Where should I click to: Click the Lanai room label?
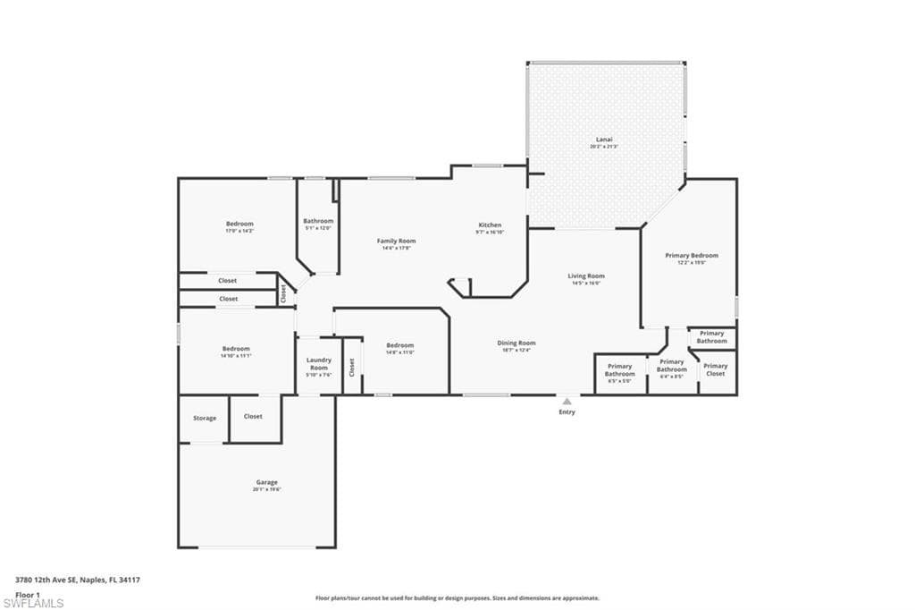605,140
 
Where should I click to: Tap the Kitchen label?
490,225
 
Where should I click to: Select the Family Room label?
396,241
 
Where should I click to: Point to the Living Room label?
586,276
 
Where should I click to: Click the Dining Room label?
516,343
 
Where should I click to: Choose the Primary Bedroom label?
691,256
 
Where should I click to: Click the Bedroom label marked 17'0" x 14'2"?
239,224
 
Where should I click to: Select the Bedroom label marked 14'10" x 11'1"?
236,349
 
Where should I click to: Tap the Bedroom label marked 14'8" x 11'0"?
399,345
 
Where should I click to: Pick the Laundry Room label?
319,364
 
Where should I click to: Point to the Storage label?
205,418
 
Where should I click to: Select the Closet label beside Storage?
253,416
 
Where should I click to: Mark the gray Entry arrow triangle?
567,402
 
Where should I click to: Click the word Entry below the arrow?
567,412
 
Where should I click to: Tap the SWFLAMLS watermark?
33,603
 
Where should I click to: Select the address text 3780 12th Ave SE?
46,580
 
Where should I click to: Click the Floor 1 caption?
28,594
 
